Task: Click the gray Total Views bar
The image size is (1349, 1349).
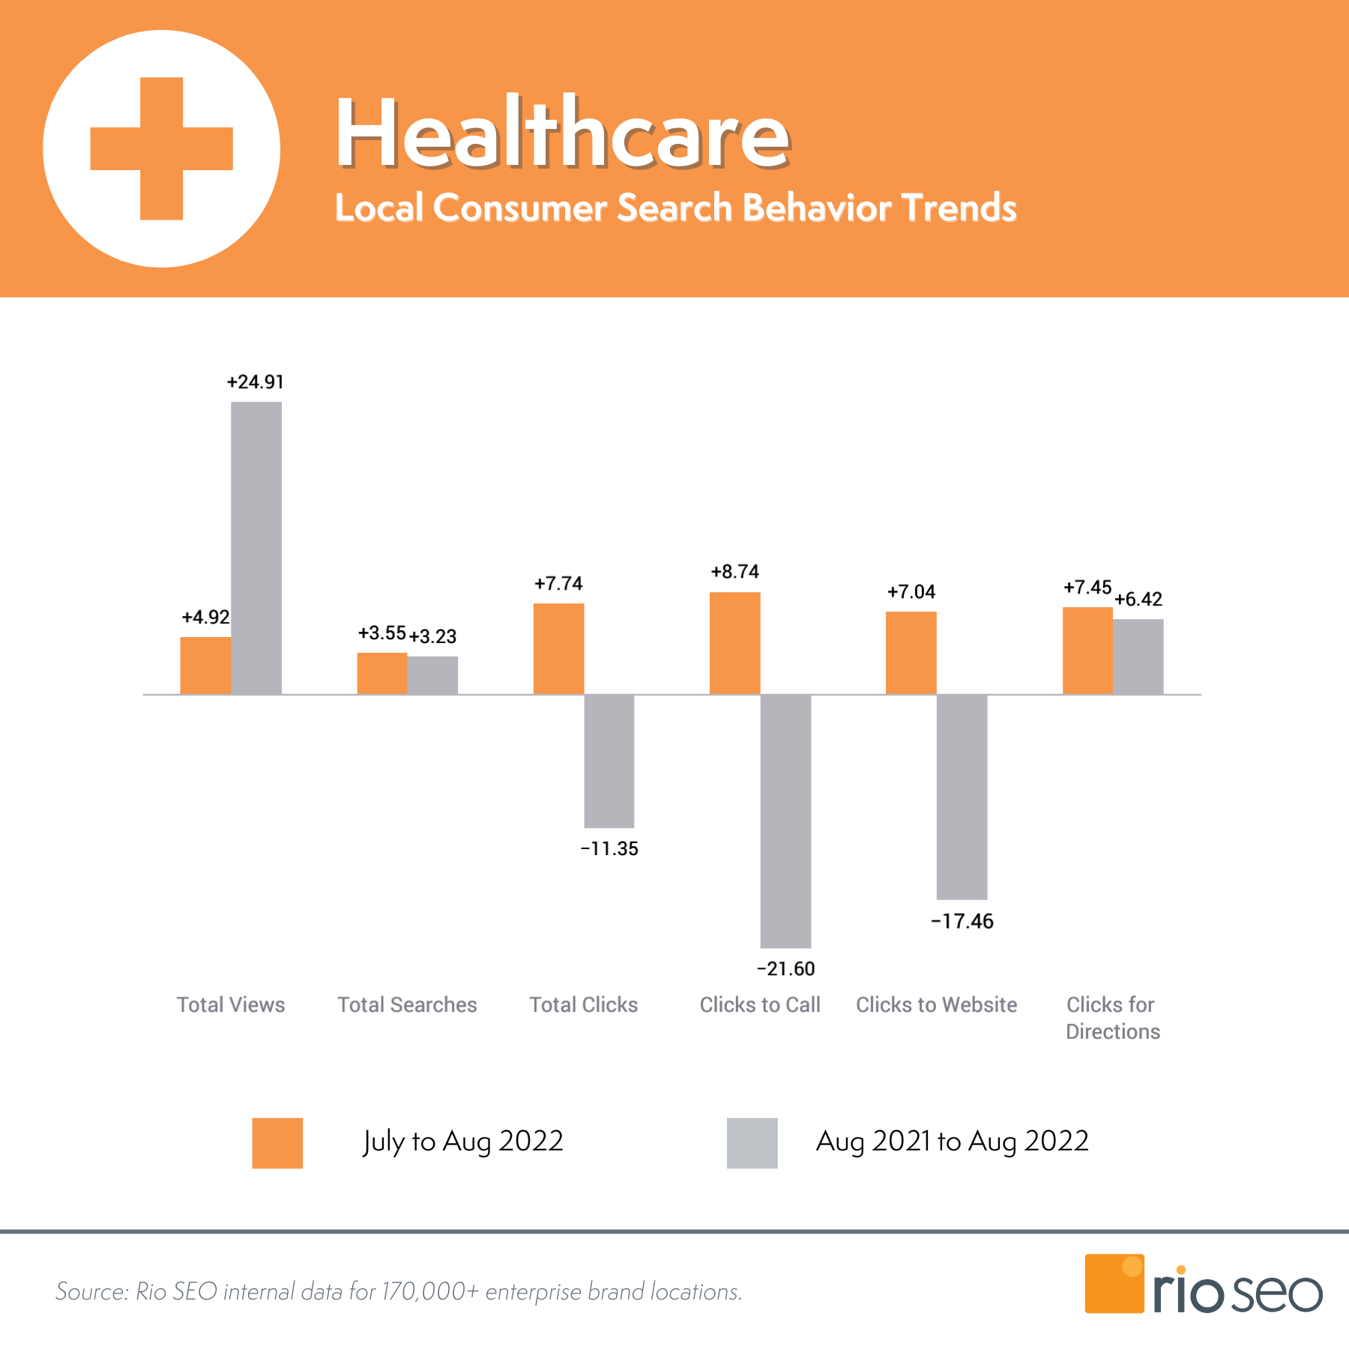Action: point(256,548)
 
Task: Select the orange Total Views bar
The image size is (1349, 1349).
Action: point(205,666)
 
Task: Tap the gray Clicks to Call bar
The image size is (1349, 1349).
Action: point(785,821)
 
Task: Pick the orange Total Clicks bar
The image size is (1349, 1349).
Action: point(558,649)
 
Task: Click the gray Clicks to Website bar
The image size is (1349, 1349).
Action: point(962,797)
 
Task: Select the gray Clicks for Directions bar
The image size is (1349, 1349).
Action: point(1138,657)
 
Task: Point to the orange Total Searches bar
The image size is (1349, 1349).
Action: point(382,673)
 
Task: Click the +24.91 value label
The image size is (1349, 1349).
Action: point(256,382)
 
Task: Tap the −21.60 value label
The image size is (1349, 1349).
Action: point(785,969)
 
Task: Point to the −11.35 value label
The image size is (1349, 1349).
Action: point(609,849)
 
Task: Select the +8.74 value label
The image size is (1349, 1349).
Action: point(734,572)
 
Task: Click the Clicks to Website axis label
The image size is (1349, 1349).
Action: point(936,1005)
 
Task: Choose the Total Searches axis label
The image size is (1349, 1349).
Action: point(407,1005)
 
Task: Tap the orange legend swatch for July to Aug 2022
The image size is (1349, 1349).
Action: point(277,1143)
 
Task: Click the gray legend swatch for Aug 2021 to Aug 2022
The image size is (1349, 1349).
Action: point(752,1143)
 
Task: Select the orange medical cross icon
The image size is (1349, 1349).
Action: point(162,148)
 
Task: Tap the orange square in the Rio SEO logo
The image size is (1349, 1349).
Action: point(1114,1283)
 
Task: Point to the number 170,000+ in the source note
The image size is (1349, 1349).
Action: point(429,1292)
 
